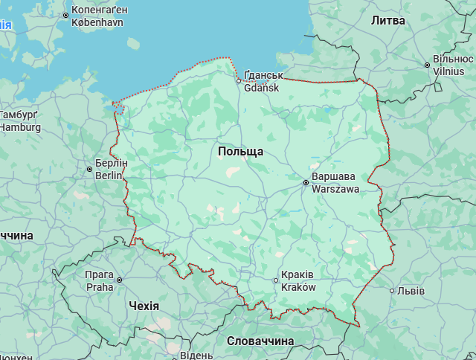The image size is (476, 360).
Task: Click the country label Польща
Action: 240,152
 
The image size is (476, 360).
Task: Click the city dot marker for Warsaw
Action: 306,182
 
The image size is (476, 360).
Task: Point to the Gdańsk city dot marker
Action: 239,81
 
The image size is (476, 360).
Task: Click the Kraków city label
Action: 299,287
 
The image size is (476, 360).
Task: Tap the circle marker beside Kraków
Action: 276,280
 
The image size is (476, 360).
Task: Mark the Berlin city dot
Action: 90,170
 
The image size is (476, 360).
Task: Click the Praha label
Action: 100,286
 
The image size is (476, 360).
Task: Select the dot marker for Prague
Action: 119,280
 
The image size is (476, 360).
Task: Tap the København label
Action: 97,22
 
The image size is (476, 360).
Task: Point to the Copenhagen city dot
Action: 65,15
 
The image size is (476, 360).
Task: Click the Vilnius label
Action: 448,71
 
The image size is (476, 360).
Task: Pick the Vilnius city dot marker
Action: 427,65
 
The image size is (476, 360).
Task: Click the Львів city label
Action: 411,291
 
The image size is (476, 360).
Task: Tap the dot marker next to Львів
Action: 392,291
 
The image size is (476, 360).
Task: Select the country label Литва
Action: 388,21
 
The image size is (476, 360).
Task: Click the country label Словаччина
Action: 260,341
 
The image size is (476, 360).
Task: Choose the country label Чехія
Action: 144,306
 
